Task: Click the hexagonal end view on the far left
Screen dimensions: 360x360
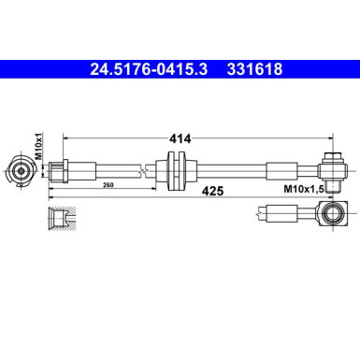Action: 20,169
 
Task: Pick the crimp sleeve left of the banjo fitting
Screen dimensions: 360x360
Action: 279,169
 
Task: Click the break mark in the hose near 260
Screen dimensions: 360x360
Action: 143,169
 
